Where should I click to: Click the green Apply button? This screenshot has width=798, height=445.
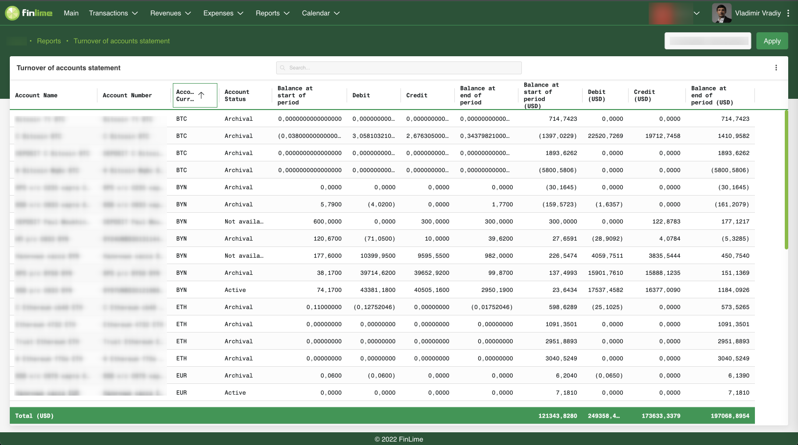772,41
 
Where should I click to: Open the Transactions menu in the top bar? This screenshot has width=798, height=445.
113,13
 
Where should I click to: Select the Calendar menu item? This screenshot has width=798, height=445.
320,13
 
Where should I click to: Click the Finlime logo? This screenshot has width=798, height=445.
29,13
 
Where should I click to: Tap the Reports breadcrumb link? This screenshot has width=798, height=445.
49,41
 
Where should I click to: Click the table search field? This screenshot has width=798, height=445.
399,68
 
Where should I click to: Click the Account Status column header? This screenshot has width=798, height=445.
237,95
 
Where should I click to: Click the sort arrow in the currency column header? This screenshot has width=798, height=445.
201,95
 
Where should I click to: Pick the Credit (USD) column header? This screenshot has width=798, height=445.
644,95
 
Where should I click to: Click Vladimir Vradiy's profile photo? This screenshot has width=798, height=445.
721,13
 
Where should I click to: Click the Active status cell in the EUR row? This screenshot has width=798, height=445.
235,393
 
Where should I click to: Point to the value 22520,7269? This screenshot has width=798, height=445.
606,136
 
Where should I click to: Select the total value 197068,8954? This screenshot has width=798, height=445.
730,416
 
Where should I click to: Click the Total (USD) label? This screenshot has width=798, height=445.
34,416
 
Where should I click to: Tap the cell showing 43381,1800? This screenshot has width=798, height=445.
378,290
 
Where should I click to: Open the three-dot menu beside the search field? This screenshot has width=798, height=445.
776,68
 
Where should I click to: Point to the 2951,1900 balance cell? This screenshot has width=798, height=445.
497,290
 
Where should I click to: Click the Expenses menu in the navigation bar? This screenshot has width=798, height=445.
223,13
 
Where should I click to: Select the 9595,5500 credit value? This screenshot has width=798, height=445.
432,256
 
